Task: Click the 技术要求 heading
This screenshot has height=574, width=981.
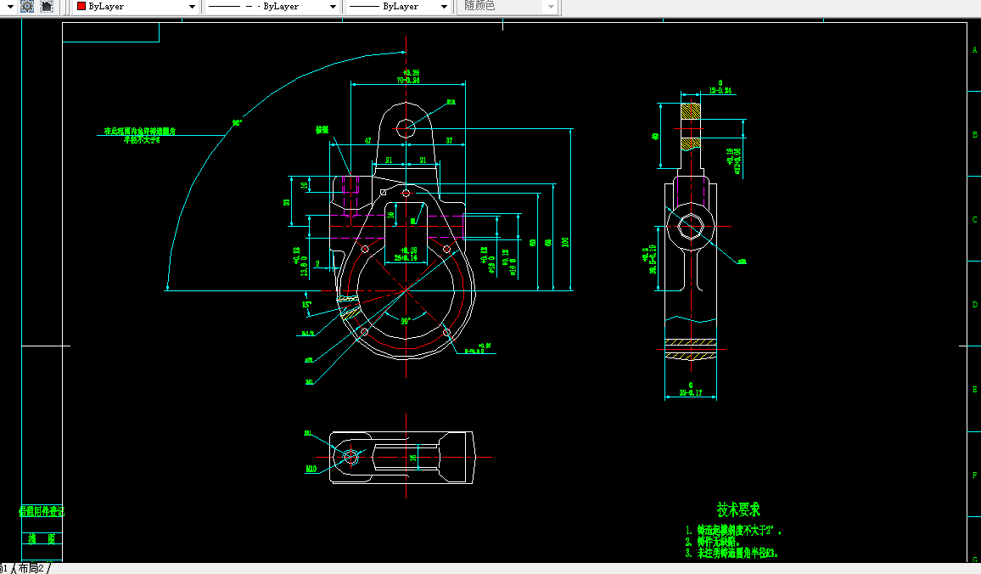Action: [738, 509]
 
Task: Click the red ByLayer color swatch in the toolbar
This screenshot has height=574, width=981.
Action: [81, 6]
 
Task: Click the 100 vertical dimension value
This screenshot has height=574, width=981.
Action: [565, 241]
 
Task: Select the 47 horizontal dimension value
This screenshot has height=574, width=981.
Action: [367, 140]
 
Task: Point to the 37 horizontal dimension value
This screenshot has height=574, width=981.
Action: [448, 140]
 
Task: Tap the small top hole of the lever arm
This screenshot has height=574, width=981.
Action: [406, 128]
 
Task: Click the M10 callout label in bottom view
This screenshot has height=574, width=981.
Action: [311, 468]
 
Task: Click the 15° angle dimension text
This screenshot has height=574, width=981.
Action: [307, 303]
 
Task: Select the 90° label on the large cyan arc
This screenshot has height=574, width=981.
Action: [237, 122]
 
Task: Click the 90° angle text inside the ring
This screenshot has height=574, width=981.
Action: [406, 320]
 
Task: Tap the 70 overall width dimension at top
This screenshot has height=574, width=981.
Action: [408, 80]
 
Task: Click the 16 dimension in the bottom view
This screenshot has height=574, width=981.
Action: [413, 458]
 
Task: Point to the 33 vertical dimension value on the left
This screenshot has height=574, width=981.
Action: [287, 202]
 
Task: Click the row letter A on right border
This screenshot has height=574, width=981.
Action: [974, 50]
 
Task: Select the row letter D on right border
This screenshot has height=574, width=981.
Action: [974, 304]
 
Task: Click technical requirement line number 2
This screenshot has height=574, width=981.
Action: [688, 541]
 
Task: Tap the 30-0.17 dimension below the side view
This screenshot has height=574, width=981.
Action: [691, 393]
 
